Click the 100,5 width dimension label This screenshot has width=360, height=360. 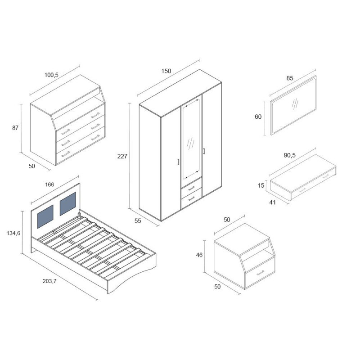(51, 75)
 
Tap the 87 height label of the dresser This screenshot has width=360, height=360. (15, 128)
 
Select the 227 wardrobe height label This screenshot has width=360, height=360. (122, 156)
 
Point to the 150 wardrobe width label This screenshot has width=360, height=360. (166, 71)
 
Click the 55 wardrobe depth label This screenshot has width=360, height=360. (138, 221)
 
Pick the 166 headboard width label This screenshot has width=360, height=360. (49, 184)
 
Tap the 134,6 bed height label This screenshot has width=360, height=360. (13, 233)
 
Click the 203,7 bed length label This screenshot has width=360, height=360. (49, 281)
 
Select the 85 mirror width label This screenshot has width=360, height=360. (290, 78)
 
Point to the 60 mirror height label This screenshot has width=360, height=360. (258, 117)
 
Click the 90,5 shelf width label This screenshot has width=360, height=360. (290, 155)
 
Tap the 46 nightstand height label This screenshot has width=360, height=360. (199, 255)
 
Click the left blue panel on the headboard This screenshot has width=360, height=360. (45, 216)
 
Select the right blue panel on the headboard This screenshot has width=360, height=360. (68, 204)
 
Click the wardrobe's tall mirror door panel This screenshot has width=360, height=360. (191, 139)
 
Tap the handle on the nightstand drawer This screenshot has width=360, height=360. (261, 273)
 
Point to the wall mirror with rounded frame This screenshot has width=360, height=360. (293, 105)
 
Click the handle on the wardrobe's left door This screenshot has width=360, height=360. (178, 162)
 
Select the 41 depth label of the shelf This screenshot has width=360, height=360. (272, 202)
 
